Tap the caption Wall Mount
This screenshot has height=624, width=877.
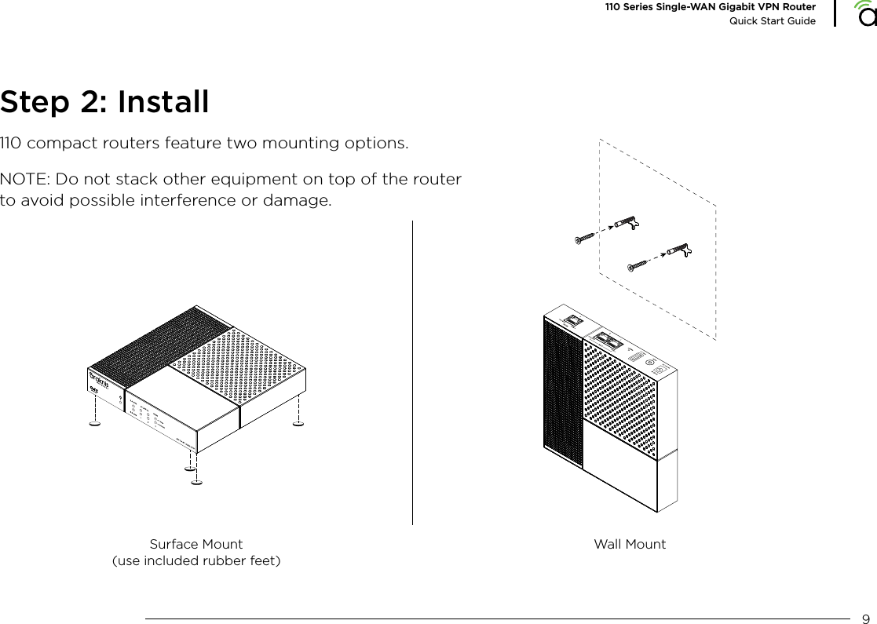coord(630,544)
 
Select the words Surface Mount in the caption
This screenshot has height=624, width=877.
coord(195,544)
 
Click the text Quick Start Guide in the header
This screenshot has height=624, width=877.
coord(773,20)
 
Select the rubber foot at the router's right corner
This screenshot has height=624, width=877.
coord(298,425)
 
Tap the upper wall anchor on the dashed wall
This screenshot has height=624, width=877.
coord(628,224)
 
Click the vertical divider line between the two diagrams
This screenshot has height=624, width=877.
coord(412,373)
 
